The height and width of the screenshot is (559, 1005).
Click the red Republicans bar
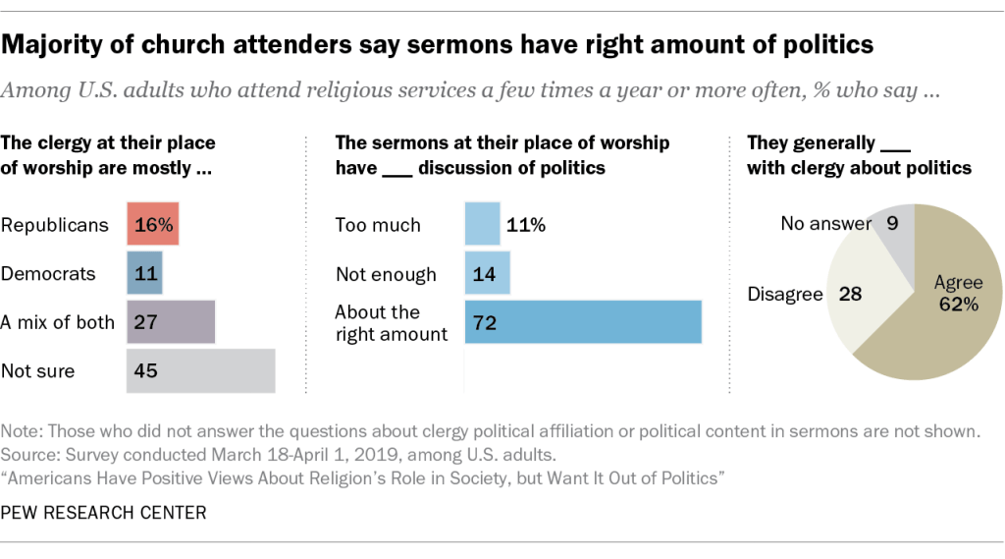[x=153, y=225]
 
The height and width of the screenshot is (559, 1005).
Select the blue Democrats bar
[x=144, y=273]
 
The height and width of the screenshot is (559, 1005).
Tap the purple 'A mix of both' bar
[x=171, y=322]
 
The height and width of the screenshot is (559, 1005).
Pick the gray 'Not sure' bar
[x=201, y=370]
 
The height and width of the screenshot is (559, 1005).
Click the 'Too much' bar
[x=482, y=225]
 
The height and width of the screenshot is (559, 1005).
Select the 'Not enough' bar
[x=487, y=273]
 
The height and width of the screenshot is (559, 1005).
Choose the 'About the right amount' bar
[x=583, y=322]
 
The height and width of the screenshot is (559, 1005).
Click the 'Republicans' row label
[x=55, y=225]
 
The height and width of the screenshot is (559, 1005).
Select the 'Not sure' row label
[x=38, y=371]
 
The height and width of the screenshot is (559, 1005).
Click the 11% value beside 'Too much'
[x=526, y=225]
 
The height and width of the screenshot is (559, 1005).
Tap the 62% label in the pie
[x=959, y=305]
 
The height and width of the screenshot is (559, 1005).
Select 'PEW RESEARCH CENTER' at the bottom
[x=104, y=512]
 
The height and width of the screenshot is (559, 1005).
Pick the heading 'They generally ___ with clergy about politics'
[x=859, y=155]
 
